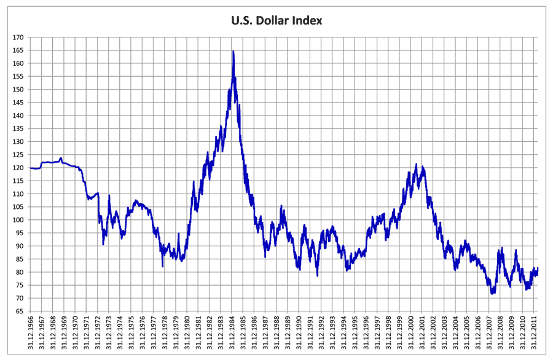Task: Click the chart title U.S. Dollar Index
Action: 276,21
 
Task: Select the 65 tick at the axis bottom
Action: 20,311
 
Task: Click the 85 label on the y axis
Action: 20,259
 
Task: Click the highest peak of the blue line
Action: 233,51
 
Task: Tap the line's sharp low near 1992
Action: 318,275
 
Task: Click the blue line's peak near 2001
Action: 416,164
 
